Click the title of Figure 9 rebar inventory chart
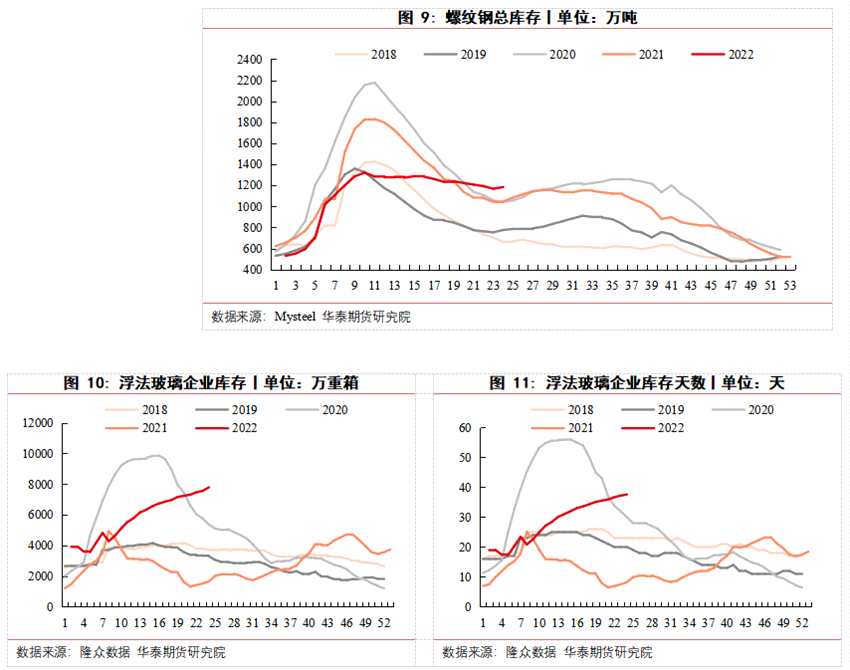(x=517, y=18)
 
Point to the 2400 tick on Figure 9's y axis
(x=249, y=60)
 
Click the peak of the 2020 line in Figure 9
(x=372, y=83)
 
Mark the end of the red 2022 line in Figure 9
(x=503, y=186)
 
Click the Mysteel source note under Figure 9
(x=311, y=317)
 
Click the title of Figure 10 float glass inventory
(x=211, y=383)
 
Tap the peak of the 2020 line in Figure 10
(x=157, y=455)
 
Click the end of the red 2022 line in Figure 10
(x=209, y=487)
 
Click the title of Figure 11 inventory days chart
(x=637, y=383)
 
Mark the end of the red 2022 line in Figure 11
(x=627, y=494)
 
